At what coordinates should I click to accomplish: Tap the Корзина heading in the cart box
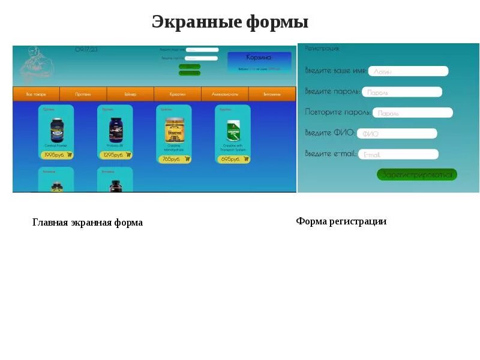(259, 58)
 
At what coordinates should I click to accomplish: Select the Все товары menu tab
(36, 94)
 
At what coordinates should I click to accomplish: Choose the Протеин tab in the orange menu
(83, 94)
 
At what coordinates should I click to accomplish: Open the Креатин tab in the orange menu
(178, 94)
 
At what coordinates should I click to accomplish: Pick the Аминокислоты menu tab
(224, 94)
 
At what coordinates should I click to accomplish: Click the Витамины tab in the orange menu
(272, 94)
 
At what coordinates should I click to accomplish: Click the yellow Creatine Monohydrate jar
(174, 130)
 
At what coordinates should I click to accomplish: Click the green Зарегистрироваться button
(417, 175)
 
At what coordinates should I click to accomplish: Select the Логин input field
(408, 71)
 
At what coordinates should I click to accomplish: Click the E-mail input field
(398, 154)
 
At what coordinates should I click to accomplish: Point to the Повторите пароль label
(337, 112)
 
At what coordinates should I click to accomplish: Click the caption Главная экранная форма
(88, 223)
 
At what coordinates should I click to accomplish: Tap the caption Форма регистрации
(341, 221)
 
